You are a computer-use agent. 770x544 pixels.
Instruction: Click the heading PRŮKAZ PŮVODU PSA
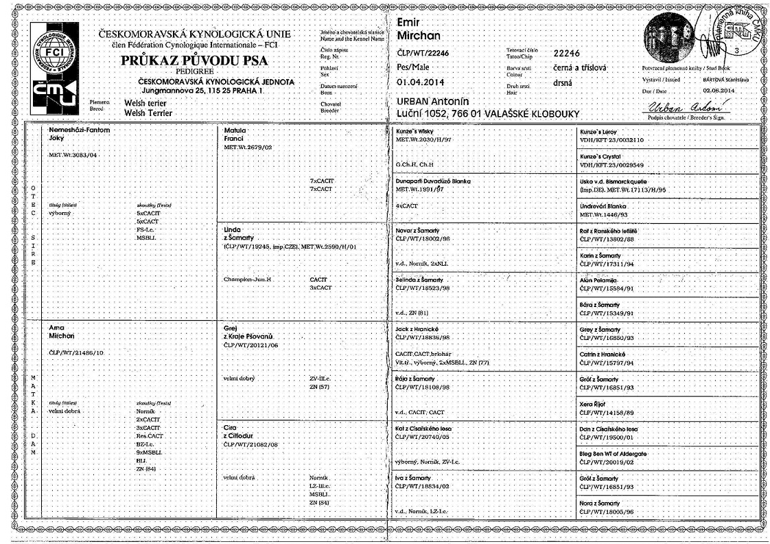tap(194, 60)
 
